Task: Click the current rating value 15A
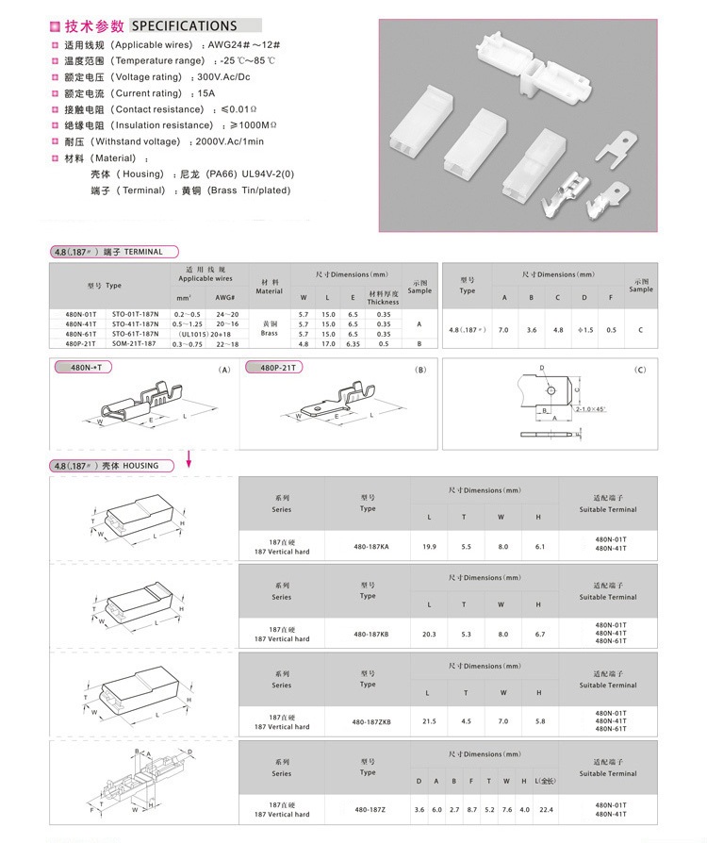(206, 93)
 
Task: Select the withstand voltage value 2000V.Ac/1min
(229, 141)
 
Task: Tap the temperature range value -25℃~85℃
(249, 60)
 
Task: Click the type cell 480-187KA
(368, 546)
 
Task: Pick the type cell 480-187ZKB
(371, 721)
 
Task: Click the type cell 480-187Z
(368, 809)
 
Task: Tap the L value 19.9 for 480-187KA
(429, 546)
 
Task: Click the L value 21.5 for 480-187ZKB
(429, 721)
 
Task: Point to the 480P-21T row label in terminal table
(80, 343)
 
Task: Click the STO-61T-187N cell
(135, 334)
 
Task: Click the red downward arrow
(189, 457)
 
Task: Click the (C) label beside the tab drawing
(641, 370)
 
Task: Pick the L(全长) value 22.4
(544, 809)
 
